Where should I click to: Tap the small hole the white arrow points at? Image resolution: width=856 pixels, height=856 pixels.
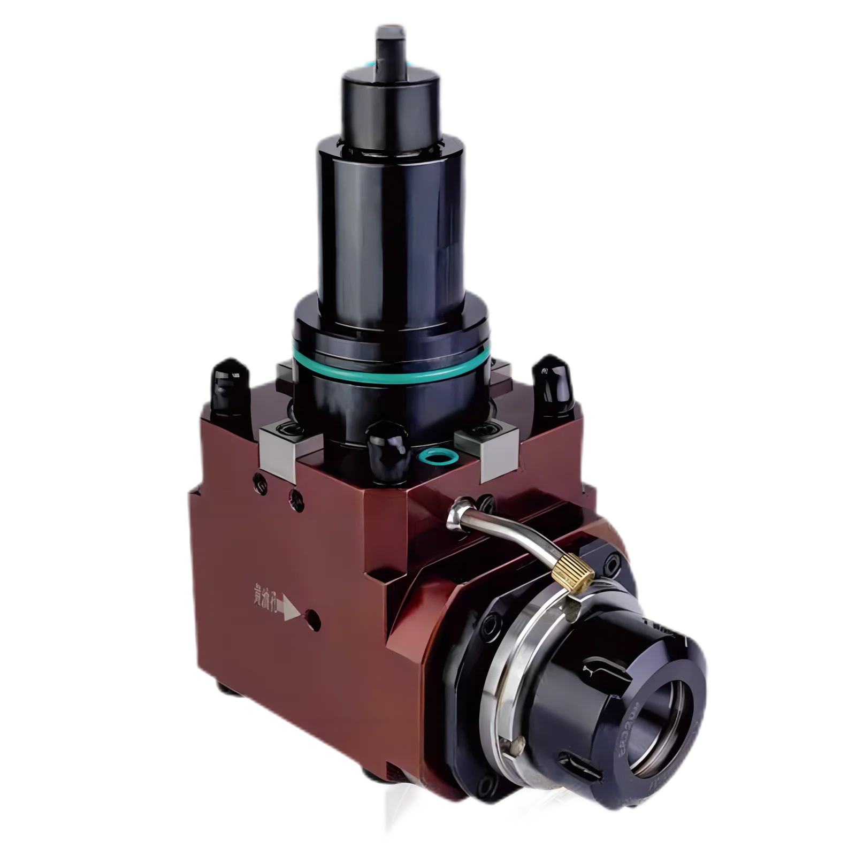point(314,621)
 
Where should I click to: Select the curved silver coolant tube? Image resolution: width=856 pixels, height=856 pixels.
point(514,535)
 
